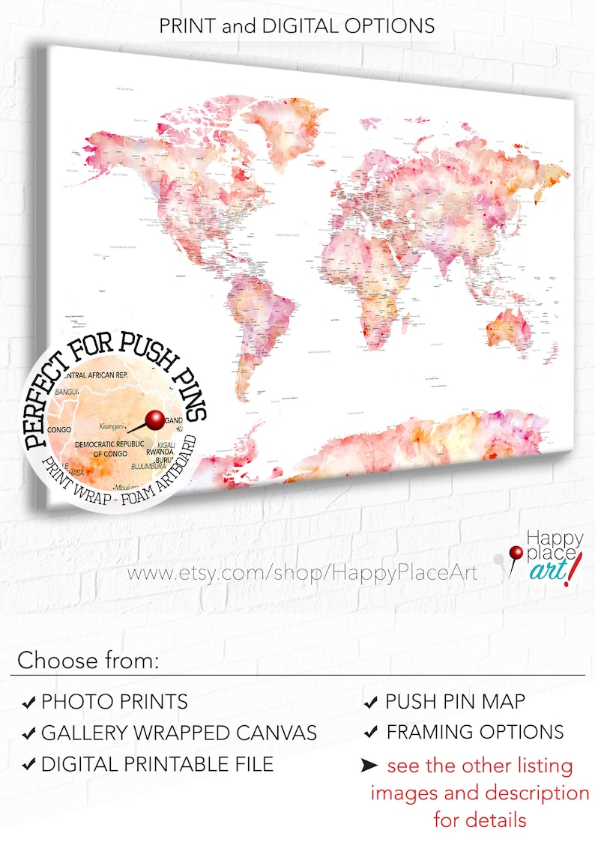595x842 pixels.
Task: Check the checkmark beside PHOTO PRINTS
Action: pyautogui.click(x=28, y=703)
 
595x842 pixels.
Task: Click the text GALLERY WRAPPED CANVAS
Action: pyautogui.click(x=179, y=733)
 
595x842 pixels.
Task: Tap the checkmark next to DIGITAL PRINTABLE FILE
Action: pyautogui.click(x=28, y=765)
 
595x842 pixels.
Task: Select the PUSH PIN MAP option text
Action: pyautogui.click(x=455, y=702)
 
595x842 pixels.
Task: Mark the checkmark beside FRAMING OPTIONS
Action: pyautogui.click(x=370, y=733)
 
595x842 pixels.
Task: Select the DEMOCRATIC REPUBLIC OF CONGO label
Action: pyautogui.click(x=108, y=449)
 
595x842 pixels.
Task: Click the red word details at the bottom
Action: pyautogui.click(x=480, y=819)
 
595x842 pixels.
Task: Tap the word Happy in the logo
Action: pyautogui.click(x=544, y=537)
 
